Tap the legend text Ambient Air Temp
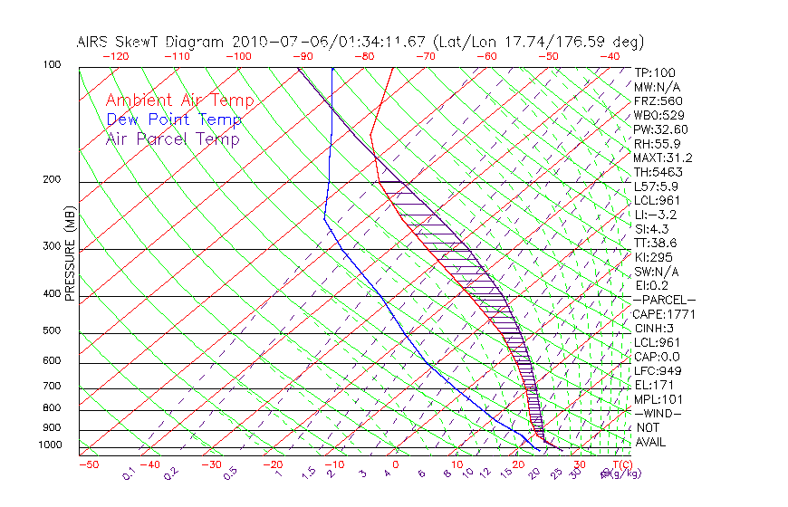point(179,100)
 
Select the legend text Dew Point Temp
point(174,120)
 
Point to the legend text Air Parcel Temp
point(172,139)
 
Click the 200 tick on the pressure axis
point(52,180)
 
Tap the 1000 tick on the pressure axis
point(49,445)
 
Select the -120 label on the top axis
point(115,56)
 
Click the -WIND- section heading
point(658,413)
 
